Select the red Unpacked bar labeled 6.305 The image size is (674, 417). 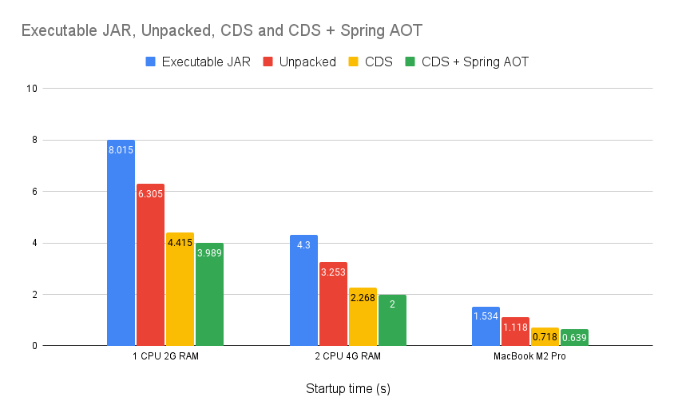click(150, 264)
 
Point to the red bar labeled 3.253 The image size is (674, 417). click(333, 304)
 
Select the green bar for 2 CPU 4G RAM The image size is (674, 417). click(392, 320)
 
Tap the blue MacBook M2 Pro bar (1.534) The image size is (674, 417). click(486, 327)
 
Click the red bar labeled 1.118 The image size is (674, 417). click(515, 332)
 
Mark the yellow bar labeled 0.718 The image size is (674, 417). click(545, 337)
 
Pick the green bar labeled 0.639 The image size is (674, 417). click(574, 338)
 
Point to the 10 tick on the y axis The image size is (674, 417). click(33, 89)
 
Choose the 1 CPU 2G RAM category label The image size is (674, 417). click(165, 356)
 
